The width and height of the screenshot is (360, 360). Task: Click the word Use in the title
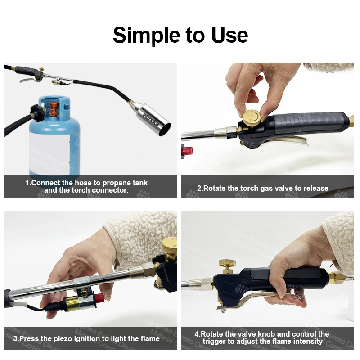coord(229,35)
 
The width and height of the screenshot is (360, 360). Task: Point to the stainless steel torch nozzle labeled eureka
coord(153,118)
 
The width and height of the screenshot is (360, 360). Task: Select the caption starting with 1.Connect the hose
coord(86,187)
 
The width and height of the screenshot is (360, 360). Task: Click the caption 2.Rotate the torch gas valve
coord(263,188)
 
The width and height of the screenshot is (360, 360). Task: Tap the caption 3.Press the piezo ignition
coord(86,338)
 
